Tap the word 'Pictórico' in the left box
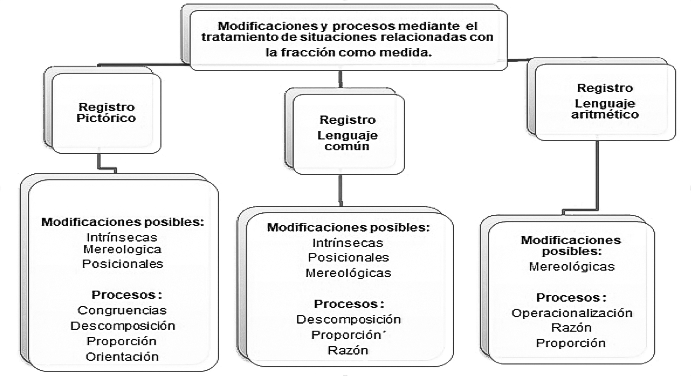(x=106, y=118)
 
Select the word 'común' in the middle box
(x=347, y=146)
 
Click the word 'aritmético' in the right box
(x=605, y=115)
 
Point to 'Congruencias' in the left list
(x=122, y=310)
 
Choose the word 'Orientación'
(x=122, y=356)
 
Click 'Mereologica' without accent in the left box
(x=122, y=249)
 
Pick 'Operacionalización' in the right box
(x=572, y=313)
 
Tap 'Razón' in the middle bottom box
(x=348, y=350)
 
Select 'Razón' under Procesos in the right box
(x=571, y=328)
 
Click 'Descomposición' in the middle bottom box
(x=348, y=319)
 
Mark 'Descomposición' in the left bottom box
(x=123, y=326)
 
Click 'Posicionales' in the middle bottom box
(x=348, y=258)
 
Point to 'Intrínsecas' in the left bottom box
(x=122, y=238)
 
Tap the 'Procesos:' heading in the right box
(x=571, y=298)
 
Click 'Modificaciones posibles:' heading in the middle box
(x=348, y=227)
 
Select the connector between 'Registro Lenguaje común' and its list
(x=340, y=190)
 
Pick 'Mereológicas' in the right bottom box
(x=572, y=267)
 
